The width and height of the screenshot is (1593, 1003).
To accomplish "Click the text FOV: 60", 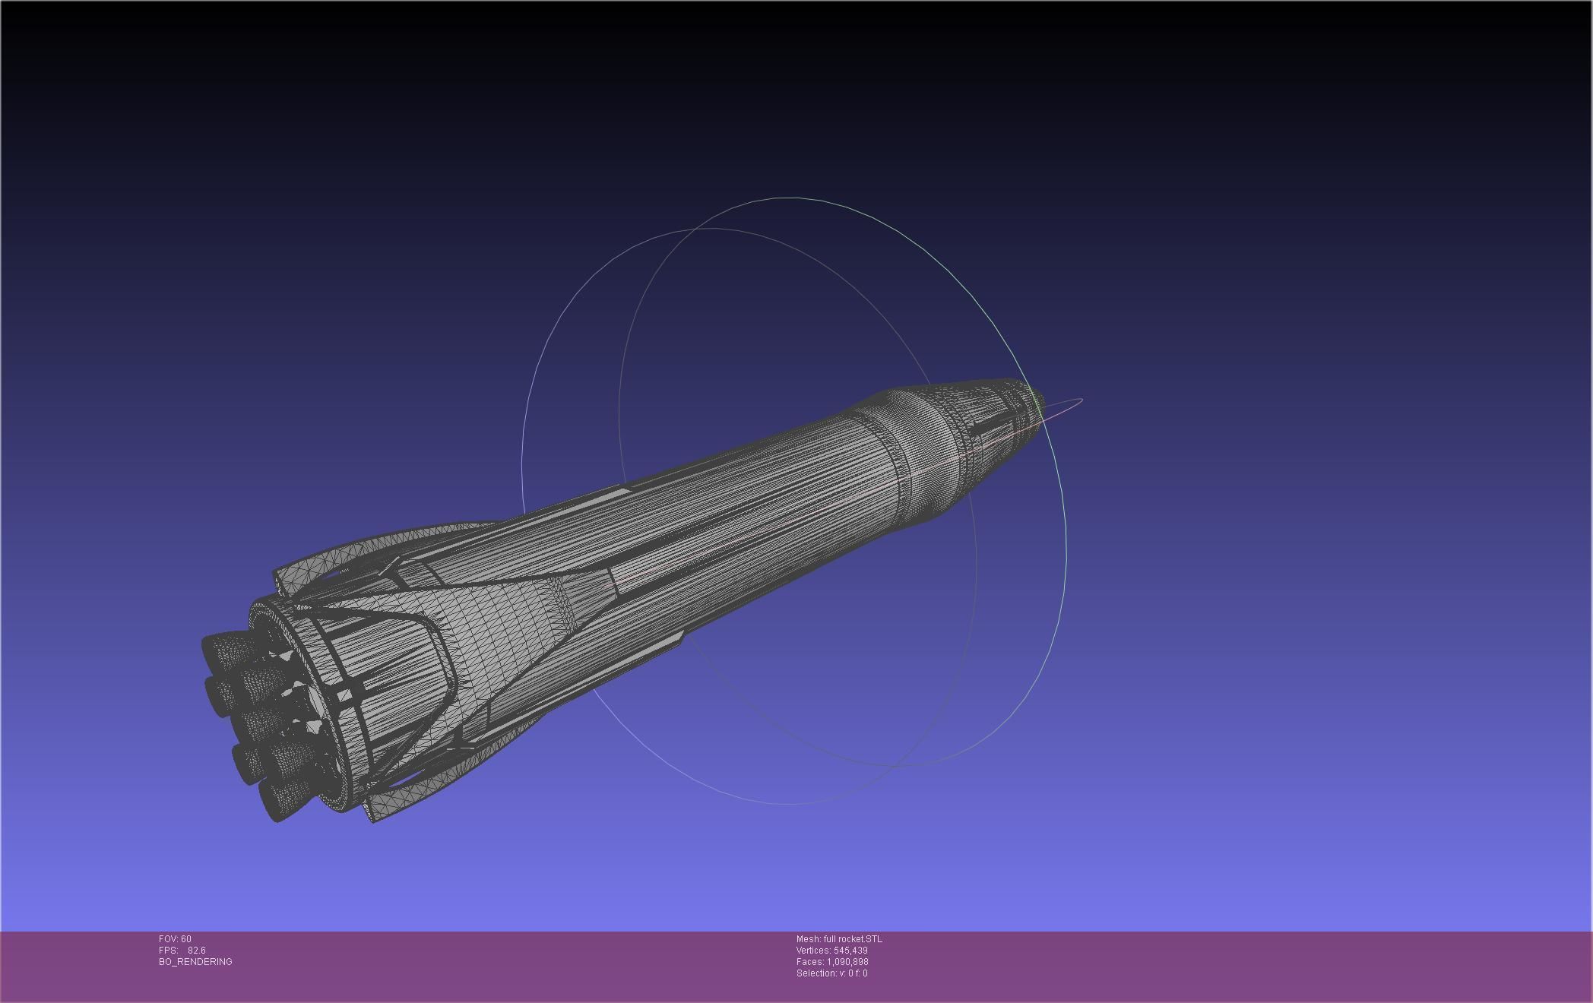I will pyautogui.click(x=175, y=938).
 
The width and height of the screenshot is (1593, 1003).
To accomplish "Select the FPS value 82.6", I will pyautogui.click(x=196, y=950).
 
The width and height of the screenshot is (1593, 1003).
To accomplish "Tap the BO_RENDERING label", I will pyautogui.click(x=195, y=961).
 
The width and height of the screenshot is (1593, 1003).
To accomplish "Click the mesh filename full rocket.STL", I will pyautogui.click(x=852, y=938).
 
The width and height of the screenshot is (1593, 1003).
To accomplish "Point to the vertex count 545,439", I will pyautogui.click(x=850, y=950).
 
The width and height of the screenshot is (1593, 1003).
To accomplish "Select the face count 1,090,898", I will pyautogui.click(x=847, y=961).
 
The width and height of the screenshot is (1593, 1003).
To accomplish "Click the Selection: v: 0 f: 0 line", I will pyautogui.click(x=831, y=973).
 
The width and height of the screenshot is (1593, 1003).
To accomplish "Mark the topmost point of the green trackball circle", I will pyautogui.click(x=790, y=198).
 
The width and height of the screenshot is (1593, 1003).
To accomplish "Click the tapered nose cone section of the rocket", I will pyautogui.click(x=980, y=433).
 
